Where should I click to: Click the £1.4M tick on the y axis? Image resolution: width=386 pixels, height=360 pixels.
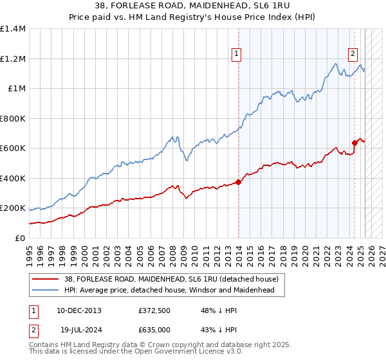13,29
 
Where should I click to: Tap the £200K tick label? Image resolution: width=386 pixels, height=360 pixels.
13,208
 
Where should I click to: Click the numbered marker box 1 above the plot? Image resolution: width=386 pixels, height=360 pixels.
237,55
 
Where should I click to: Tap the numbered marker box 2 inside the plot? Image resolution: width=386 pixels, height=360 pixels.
353,55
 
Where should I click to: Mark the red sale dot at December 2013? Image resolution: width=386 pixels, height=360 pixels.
238,182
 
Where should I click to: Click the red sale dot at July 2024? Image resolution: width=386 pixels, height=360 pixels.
354,143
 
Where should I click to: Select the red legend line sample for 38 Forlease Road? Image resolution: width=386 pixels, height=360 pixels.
45,280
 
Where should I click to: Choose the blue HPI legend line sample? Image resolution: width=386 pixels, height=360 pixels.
45,290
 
